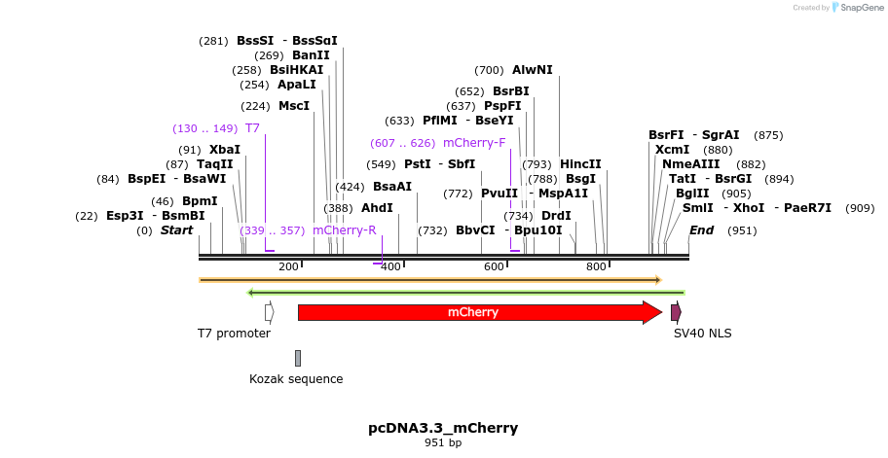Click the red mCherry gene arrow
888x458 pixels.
[x=477, y=312]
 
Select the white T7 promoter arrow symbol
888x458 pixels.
[x=269, y=312]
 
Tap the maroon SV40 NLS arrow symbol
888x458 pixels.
[x=676, y=312]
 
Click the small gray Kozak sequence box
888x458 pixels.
[x=298, y=358]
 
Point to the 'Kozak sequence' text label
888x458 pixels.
[x=296, y=379]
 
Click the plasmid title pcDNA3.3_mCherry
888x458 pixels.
[x=443, y=428]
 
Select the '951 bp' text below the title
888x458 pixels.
[x=443, y=443]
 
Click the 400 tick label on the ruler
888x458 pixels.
[x=391, y=266]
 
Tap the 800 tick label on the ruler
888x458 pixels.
[x=596, y=266]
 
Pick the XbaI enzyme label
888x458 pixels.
[x=224, y=150]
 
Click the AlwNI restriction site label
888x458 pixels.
[x=532, y=70]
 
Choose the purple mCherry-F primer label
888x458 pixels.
[x=474, y=143]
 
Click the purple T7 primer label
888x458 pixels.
[x=252, y=128]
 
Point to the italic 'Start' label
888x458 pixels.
[x=176, y=230]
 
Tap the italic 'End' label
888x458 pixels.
[x=701, y=230]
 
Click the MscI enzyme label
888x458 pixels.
[x=293, y=106]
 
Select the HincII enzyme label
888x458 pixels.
[x=580, y=164]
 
